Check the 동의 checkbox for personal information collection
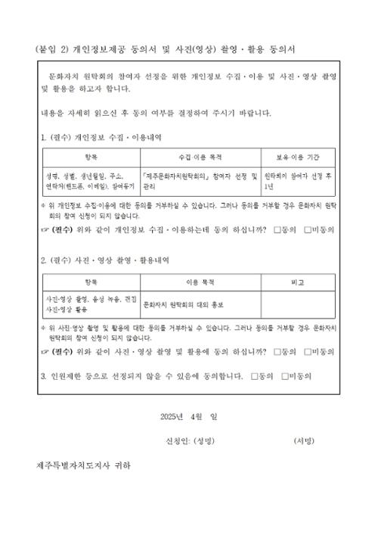pos(277,228)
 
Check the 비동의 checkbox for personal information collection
pos(307,228)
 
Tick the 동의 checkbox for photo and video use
pos(277,352)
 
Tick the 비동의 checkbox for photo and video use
pos(307,352)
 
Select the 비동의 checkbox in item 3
pos(284,375)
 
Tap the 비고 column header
pos(298,281)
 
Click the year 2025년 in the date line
pos(171,416)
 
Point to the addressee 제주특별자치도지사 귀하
pos(83,464)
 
